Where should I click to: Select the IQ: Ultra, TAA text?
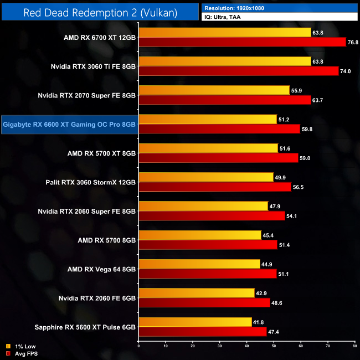pyautogui.click(x=224, y=17)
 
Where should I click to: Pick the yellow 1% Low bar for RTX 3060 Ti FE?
pyautogui.click(x=225, y=61)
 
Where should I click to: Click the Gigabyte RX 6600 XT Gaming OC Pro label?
pyautogui.click(x=69, y=124)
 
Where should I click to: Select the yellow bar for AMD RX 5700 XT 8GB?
pyautogui.click(x=208, y=148)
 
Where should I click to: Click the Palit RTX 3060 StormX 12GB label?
pyautogui.click(x=91, y=182)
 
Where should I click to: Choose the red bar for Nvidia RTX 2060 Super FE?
pyautogui.click(x=212, y=215)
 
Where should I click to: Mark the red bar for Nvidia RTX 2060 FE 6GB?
pyautogui.click(x=204, y=302)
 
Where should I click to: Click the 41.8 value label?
pyautogui.click(x=260, y=322)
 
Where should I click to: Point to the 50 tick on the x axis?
pyautogui.click(x=274, y=346)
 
